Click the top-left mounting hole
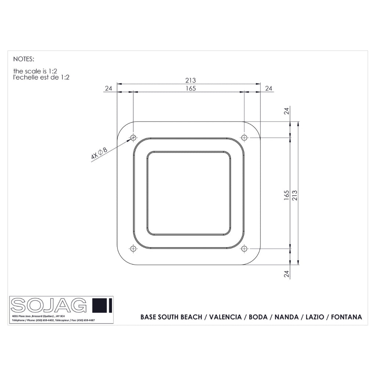coord(133,138)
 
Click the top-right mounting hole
coord(244,138)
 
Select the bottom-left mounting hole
coord(133,249)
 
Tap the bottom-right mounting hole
coord(244,249)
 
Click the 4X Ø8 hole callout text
coord(99,154)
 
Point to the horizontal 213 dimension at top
coord(191,80)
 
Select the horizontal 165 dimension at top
coord(191,88)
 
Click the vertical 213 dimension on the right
coord(295,195)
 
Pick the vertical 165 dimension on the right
coord(286,195)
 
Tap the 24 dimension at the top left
coord(109,88)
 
